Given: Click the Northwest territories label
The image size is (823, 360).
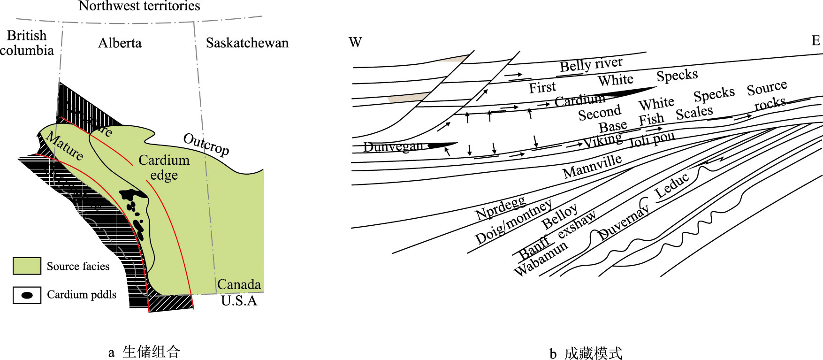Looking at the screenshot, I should (139, 6).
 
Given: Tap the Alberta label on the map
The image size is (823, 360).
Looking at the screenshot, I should (120, 43).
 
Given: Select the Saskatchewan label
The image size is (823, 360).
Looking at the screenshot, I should (247, 43).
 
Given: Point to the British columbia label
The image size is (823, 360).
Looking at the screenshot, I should (27, 43).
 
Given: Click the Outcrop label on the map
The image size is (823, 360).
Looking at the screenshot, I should (206, 144).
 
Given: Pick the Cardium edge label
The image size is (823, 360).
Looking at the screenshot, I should (164, 168).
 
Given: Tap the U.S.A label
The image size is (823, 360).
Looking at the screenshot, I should (239, 301).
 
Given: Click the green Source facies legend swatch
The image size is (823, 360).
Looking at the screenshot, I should (27, 266).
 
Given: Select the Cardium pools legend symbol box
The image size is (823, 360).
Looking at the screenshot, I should (27, 295).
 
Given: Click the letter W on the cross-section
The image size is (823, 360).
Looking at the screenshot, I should (355, 43).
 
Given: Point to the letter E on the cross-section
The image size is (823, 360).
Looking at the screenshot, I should (816, 41).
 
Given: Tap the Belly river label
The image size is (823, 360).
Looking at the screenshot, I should (591, 64).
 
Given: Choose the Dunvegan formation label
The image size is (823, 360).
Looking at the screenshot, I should (393, 147).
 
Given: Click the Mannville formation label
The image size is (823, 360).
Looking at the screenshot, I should (592, 166).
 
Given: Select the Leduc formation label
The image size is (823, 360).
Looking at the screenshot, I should (672, 185).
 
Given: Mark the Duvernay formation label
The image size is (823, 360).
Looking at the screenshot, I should (624, 223).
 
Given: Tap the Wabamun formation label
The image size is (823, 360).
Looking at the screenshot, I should (541, 259).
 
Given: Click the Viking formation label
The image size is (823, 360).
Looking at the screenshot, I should (602, 140).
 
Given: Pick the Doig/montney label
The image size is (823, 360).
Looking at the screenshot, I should (514, 222).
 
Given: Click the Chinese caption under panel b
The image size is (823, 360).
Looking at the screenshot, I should (586, 353).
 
